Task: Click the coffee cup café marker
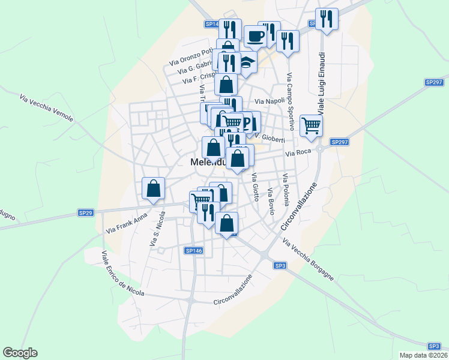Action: pos(255,37)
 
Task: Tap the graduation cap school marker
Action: pos(246,62)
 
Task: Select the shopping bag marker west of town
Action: pos(154,188)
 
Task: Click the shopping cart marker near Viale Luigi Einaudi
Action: pos(311,126)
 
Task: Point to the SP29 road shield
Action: pos(86,213)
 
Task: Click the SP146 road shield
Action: pos(194,250)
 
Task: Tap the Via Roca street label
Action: pos(298,154)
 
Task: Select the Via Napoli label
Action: pos(270,101)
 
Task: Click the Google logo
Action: pos(20,353)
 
